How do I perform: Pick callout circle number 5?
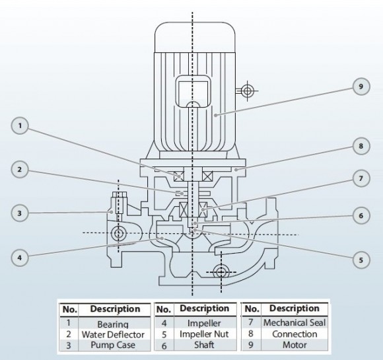[361, 260]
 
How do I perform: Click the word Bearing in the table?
[112, 324]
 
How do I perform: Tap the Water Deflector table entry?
[112, 335]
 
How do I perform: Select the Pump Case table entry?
[112, 345]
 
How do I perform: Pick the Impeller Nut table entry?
[203, 334]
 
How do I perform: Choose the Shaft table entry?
[203, 345]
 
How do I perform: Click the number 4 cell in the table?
[163, 324]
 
